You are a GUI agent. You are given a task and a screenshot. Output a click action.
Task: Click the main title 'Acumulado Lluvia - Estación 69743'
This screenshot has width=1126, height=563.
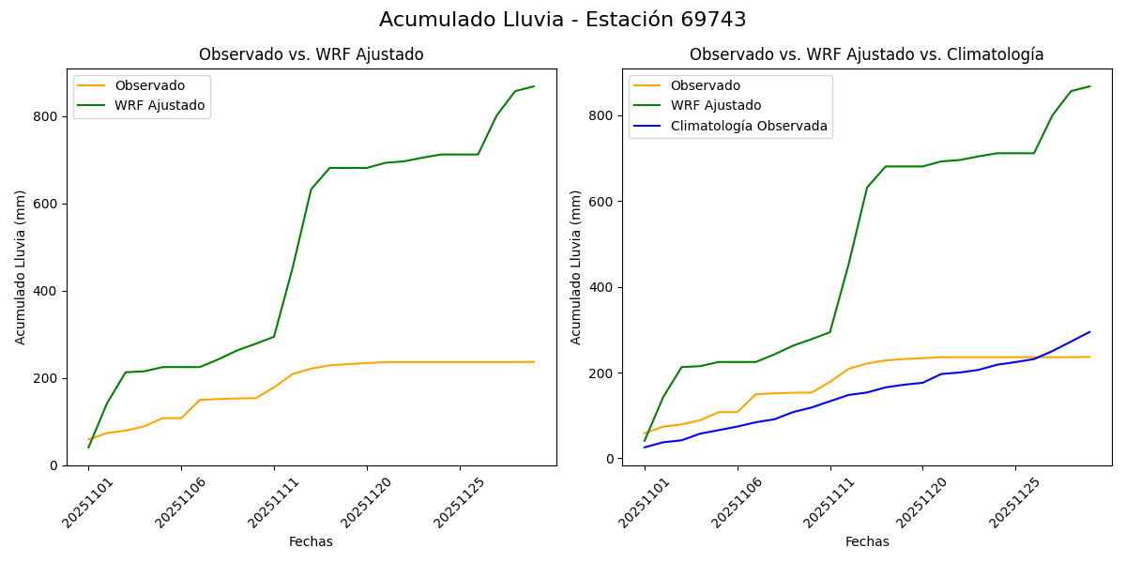point(563,20)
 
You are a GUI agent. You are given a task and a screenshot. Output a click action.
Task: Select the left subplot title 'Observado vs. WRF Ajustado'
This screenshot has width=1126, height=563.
point(311,54)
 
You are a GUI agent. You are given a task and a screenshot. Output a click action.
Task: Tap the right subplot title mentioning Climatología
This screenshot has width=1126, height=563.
point(866,54)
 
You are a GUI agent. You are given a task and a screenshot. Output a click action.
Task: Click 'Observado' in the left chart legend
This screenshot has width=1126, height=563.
point(149,85)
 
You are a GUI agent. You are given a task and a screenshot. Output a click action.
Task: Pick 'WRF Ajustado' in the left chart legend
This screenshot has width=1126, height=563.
point(160,105)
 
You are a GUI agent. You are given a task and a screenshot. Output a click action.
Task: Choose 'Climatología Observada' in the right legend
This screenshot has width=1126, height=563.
point(748,126)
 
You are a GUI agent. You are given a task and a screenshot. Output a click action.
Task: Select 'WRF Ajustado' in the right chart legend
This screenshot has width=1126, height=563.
point(715,105)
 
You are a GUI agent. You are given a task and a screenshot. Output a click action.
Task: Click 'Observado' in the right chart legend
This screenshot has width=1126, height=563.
point(705,85)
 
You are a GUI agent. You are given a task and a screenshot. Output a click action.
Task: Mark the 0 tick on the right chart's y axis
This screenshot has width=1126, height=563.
point(610,459)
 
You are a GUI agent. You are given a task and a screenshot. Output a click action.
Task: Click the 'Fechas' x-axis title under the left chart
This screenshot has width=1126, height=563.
point(311,541)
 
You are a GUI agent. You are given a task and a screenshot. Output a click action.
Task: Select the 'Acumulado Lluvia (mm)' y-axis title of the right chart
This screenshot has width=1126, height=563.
point(577,266)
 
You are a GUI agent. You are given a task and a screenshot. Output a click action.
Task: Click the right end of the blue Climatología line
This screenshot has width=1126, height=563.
point(1089,331)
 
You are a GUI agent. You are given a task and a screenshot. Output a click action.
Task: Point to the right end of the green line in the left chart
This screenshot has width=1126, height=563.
point(534,86)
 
